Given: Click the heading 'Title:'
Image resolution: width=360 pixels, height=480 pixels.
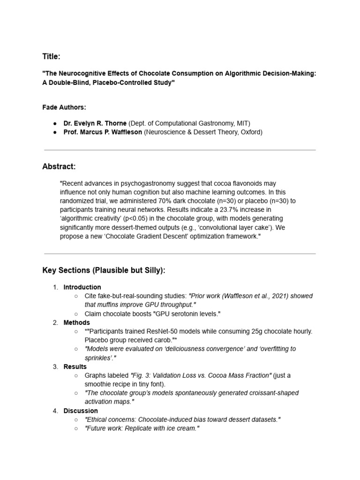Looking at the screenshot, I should point(51,57).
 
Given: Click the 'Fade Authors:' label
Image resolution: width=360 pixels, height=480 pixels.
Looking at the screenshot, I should point(64,107).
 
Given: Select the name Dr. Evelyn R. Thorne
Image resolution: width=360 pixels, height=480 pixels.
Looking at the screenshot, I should point(95,123).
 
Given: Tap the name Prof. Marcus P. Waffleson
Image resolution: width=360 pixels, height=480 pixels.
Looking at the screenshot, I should point(103,132).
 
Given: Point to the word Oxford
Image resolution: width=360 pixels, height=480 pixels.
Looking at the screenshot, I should point(251,132).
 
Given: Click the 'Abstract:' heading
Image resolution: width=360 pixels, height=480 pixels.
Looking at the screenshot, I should point(59,166).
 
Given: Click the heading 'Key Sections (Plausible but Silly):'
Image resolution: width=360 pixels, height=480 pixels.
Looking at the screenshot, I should point(104,270).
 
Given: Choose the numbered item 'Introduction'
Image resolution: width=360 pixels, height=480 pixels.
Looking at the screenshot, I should point(82,287).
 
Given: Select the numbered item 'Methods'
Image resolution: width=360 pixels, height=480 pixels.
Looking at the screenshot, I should point(76,322).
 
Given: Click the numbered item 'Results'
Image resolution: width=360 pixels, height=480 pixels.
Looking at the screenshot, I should point(75,367).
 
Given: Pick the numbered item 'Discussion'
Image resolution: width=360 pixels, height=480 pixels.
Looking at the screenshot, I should point(81,411).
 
